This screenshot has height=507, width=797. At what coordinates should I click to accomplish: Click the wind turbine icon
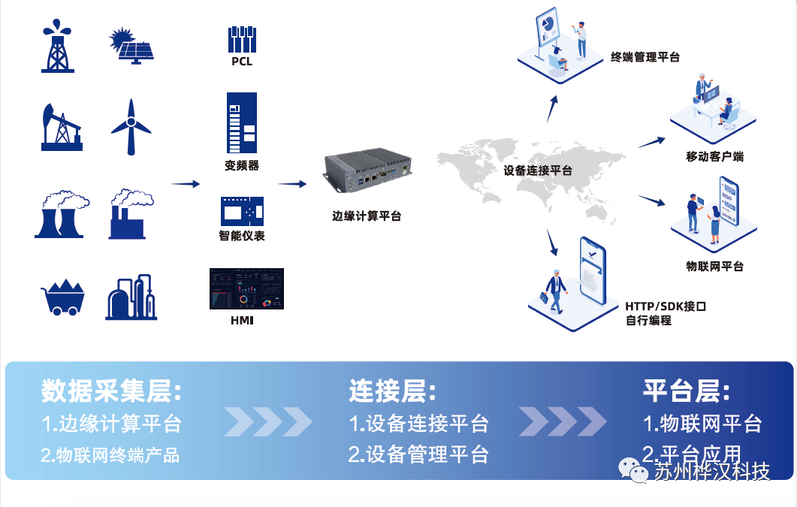pos(131,126)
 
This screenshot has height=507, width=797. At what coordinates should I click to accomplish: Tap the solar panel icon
pos(132,46)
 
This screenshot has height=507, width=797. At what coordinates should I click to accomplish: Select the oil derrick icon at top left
pos(58,46)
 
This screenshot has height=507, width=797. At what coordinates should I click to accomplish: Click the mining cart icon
pos(62,297)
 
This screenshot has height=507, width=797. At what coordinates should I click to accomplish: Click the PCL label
pos(242,62)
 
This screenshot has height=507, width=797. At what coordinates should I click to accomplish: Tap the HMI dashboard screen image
pos(247,288)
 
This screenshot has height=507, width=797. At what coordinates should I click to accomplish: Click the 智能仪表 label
pos(242,236)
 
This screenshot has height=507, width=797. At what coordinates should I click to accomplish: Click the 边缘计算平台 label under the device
pos(367,216)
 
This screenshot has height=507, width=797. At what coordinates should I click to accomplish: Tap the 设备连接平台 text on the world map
pos(538,171)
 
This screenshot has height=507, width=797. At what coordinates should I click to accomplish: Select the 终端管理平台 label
pos(645,57)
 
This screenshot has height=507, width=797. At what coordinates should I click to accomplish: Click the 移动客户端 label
pos(714,157)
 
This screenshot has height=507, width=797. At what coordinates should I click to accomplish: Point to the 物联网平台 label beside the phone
pos(714,266)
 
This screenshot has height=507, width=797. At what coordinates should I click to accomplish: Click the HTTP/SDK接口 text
pos(666,306)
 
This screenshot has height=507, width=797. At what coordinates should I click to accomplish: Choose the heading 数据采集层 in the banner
pos(111,391)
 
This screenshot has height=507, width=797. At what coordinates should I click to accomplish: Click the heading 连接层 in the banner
pos(392,391)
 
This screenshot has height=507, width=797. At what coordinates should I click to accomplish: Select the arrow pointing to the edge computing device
pos(292,183)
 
